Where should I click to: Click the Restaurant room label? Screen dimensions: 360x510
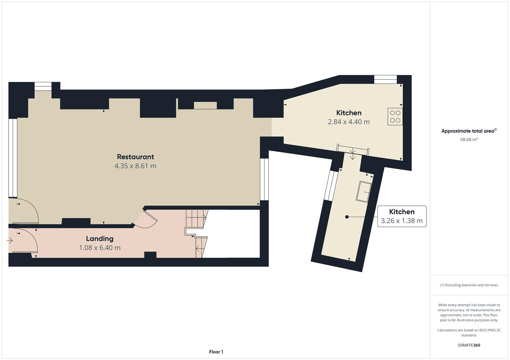coord(135,157)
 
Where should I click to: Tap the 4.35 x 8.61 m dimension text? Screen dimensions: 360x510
coord(135,166)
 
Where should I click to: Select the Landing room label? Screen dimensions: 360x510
coord(100,239)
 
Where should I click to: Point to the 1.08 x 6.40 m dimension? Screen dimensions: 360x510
coord(100,248)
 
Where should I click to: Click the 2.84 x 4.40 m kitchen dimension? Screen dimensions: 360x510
coord(349,122)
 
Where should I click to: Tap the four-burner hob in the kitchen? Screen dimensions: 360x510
coord(395,116)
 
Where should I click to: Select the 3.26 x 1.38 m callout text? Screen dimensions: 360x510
coord(401,221)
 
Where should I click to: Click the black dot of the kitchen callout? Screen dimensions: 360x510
coord(347,217)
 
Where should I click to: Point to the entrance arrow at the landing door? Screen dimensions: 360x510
coord(9,240)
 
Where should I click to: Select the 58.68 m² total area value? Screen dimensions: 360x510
coord(469,140)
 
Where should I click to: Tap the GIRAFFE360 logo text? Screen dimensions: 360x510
coord(469,345)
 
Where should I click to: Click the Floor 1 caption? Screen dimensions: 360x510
coord(216,352)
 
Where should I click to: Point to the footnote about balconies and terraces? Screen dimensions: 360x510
coord(469,285)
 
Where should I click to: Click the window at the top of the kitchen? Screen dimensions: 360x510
coord(385,79)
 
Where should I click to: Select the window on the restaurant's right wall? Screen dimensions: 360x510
coord(264,179)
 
